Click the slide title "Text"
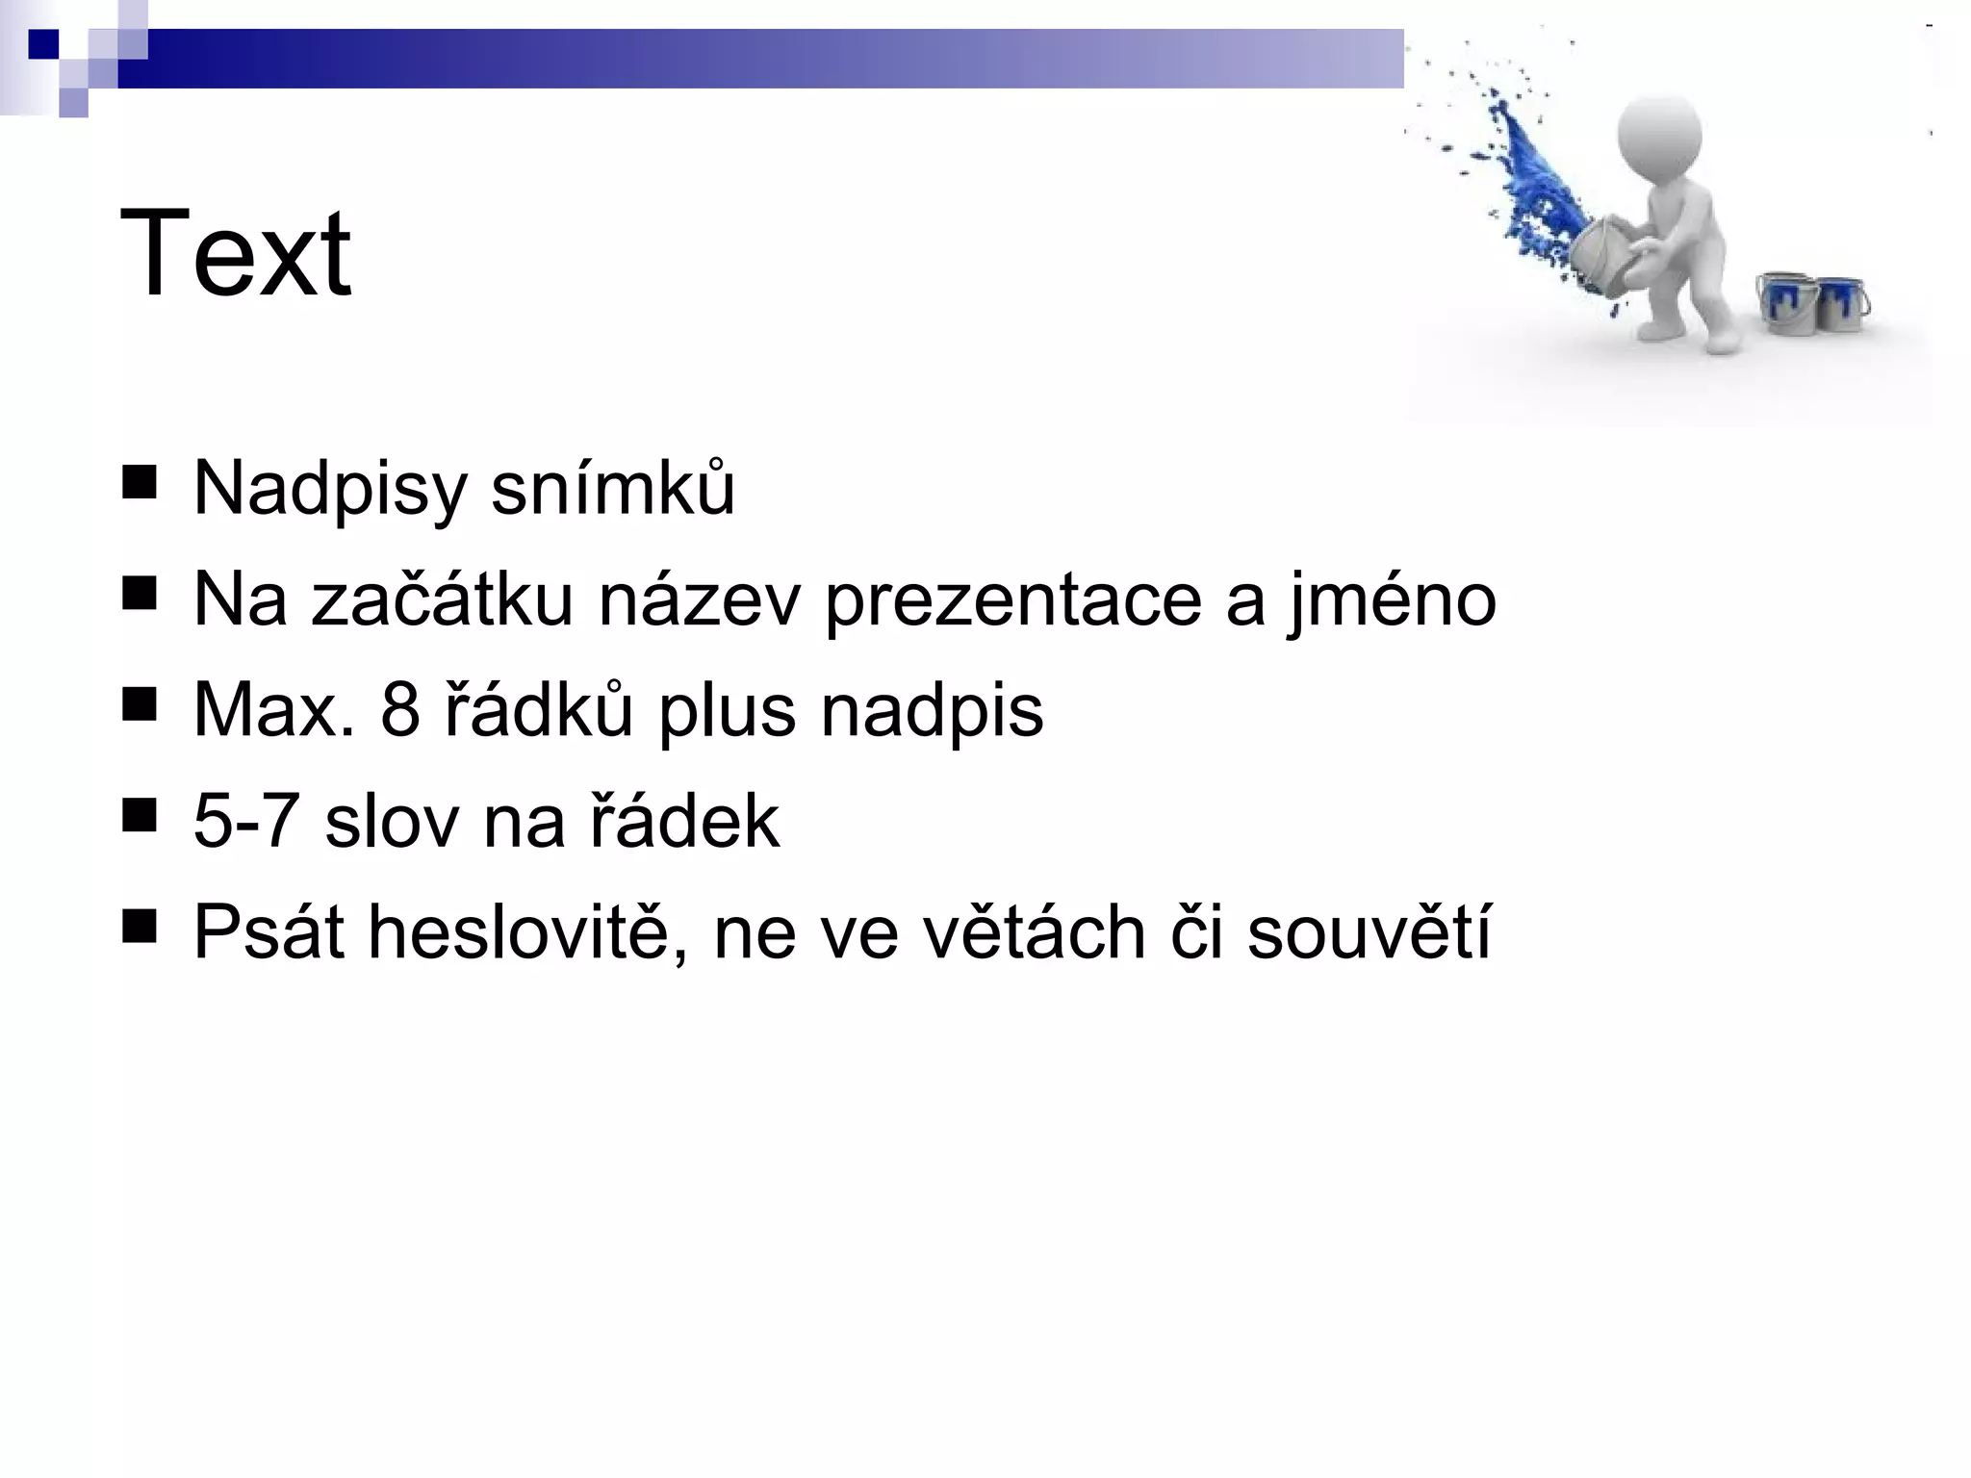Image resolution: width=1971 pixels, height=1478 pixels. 235,254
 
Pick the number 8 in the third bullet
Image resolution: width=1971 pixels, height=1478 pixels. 400,711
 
